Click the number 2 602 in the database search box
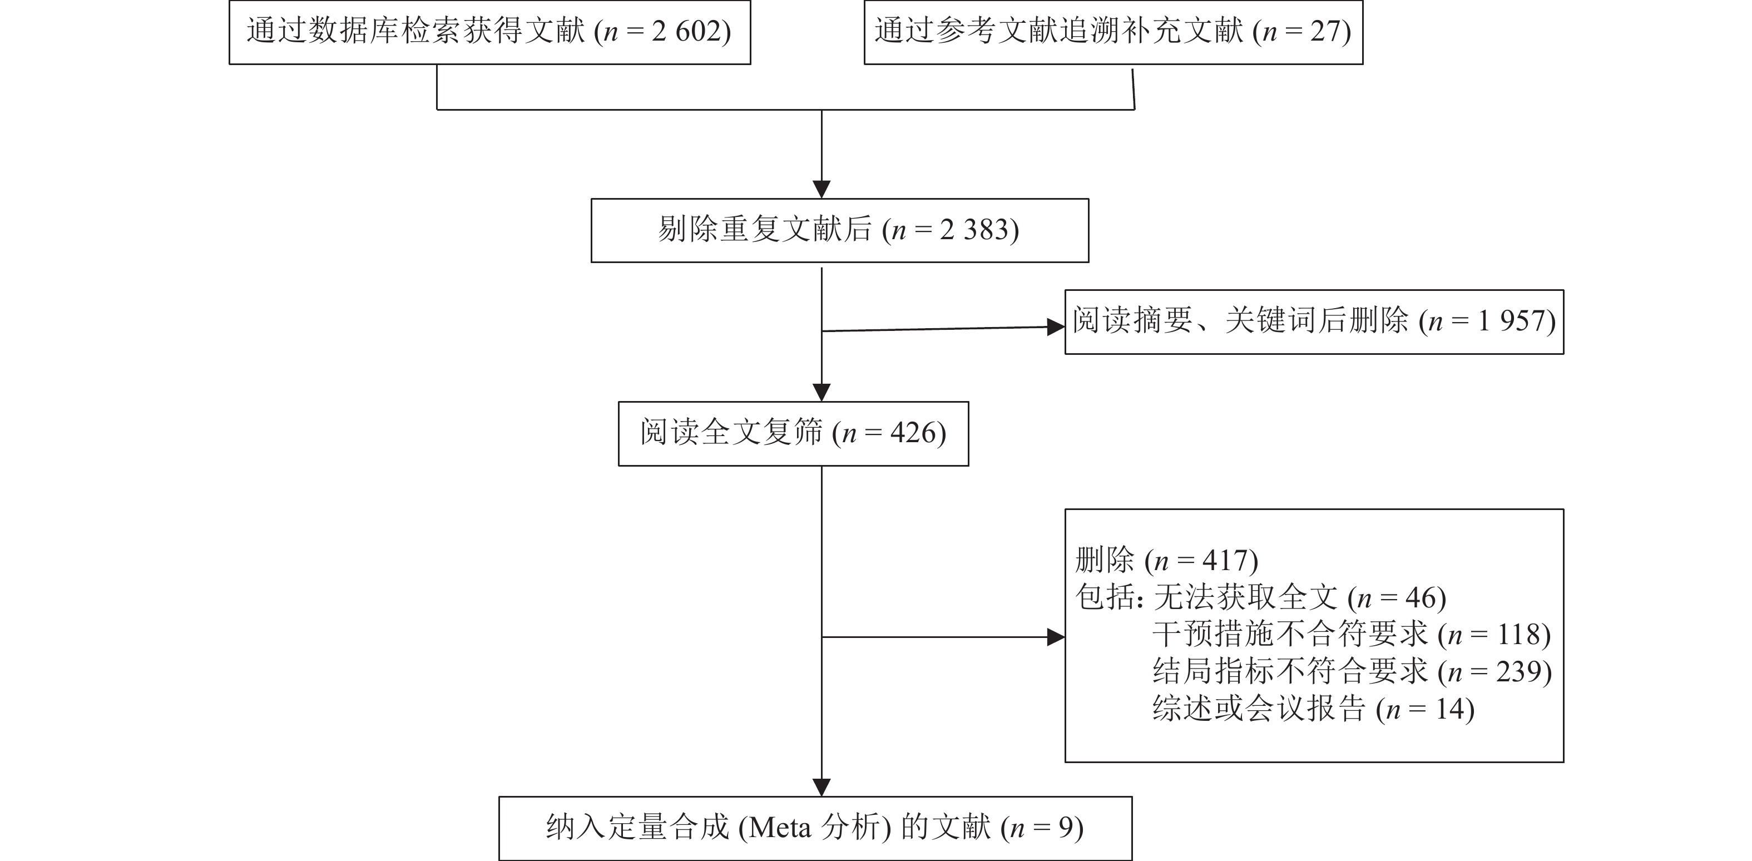(x=686, y=31)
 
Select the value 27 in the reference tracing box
(x=1324, y=31)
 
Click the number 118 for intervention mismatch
(x=1518, y=635)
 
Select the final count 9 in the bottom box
(x=1065, y=828)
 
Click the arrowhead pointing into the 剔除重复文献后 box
(x=821, y=190)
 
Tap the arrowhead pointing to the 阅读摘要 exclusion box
(x=1056, y=327)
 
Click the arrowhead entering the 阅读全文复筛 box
(x=821, y=393)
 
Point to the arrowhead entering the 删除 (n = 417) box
(x=1056, y=637)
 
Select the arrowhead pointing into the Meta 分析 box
(x=821, y=788)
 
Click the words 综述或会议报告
(x=1259, y=709)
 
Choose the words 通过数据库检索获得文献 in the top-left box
(x=415, y=31)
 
